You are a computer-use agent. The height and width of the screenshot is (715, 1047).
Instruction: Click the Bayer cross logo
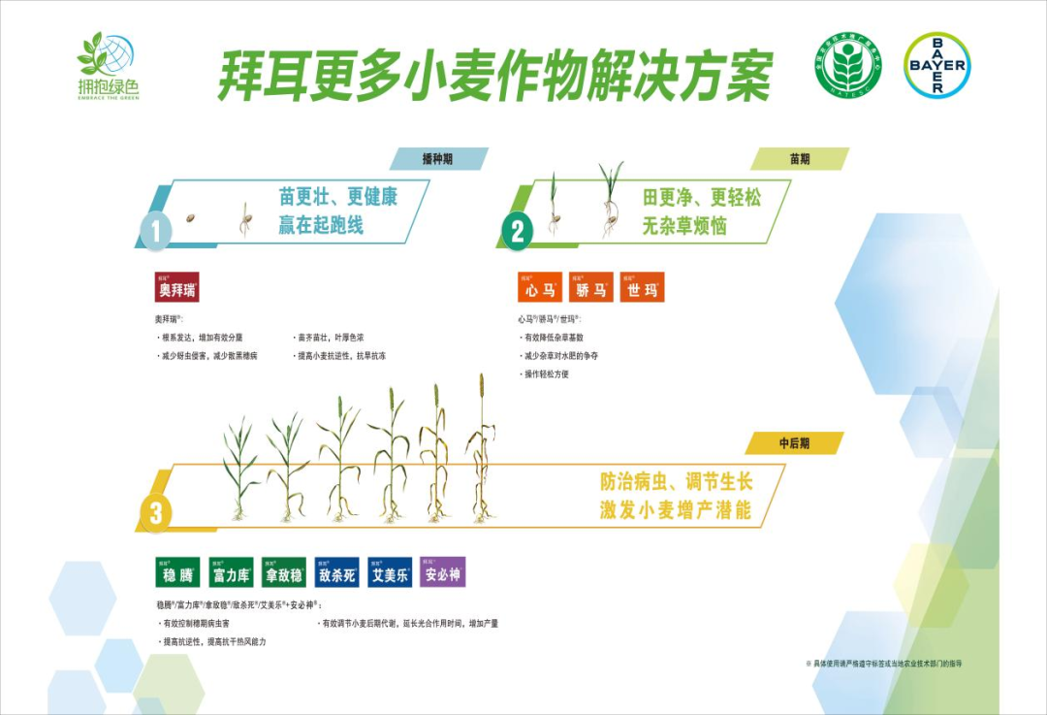point(936,65)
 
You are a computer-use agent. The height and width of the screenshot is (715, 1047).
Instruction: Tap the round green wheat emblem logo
point(848,65)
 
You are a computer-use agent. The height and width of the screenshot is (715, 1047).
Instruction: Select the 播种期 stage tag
point(437,159)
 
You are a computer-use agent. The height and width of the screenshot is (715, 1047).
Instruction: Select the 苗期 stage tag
point(799,159)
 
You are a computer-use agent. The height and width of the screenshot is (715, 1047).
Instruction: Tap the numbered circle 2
point(518,231)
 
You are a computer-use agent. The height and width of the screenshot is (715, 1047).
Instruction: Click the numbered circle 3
point(155,512)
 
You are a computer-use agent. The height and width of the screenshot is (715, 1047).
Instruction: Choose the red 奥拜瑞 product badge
point(176,287)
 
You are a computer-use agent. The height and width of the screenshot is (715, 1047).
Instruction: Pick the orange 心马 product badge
point(540,287)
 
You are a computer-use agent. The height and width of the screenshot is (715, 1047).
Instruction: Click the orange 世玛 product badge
point(642,287)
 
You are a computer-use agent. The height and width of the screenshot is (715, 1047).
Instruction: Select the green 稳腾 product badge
point(177,572)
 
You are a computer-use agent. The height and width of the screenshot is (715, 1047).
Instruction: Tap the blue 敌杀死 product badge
point(338,572)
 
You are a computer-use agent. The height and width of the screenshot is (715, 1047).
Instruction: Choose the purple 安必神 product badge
point(443,572)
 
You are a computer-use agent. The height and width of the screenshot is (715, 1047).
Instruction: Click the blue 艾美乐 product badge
point(391,572)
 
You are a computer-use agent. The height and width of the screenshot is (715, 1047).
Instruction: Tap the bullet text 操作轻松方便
point(549,374)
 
